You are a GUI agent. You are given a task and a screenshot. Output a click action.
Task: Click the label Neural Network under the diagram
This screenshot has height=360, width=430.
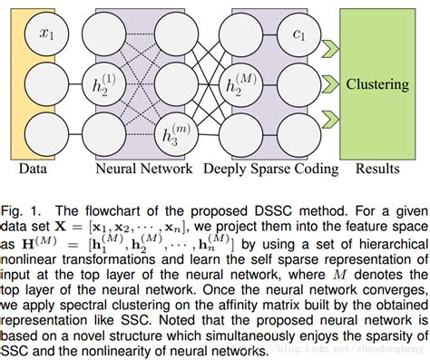pyautogui.click(x=144, y=168)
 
